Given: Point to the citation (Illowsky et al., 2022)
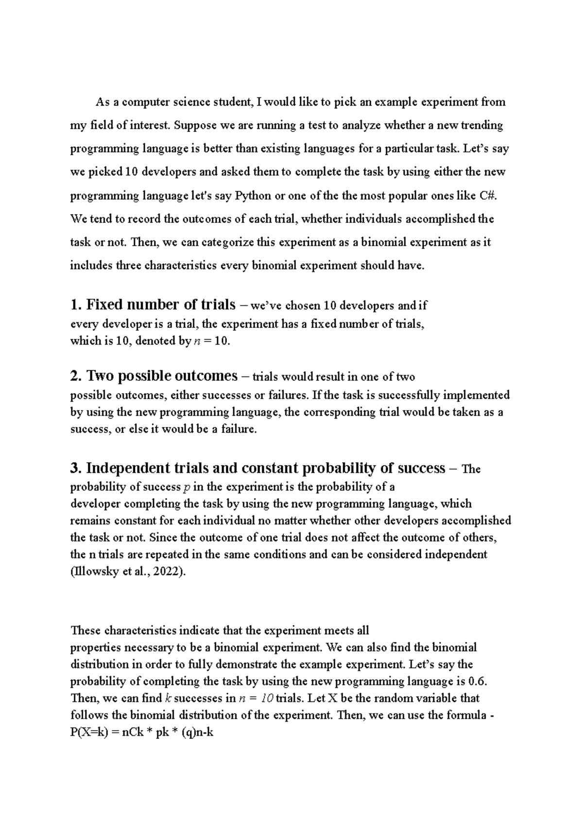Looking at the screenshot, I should pos(128,572).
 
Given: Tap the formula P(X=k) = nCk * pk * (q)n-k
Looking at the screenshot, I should pos(142,732).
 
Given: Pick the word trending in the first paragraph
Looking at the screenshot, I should pos(481,125).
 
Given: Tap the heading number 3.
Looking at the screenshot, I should pos(75,468).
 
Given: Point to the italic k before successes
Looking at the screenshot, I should pos(169,698).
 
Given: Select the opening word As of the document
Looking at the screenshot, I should pos(103,102).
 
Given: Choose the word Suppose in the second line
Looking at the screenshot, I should pos(194,125).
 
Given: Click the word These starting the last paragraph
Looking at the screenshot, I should pos(86,630).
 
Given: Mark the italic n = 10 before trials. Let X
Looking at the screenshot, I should pos(257,698).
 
